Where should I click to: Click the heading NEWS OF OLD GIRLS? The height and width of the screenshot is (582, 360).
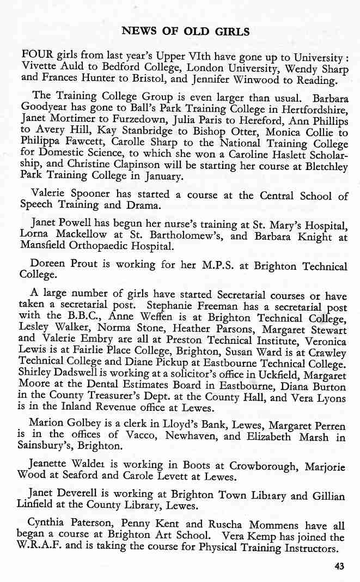pos(186,32)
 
